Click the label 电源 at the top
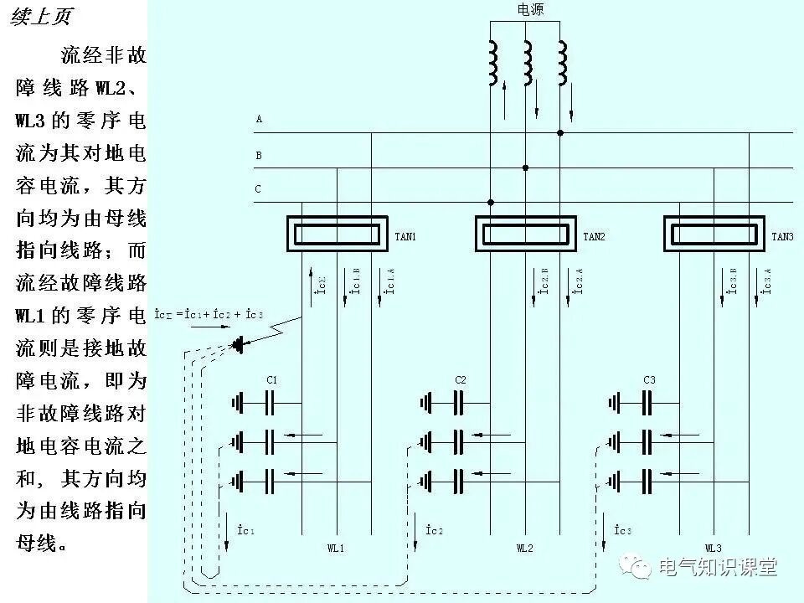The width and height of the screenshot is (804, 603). click(x=529, y=10)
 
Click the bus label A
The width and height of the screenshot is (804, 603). click(x=259, y=120)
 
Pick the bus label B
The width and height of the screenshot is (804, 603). click(x=259, y=155)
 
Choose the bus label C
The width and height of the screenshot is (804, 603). click(x=258, y=189)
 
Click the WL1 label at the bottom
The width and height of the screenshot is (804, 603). click(x=336, y=549)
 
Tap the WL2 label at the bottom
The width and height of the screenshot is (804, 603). click(x=524, y=549)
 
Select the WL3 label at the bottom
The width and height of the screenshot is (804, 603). click(x=713, y=549)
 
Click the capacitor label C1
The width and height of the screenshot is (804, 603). click(x=272, y=380)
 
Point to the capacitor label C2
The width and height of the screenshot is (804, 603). click(x=461, y=380)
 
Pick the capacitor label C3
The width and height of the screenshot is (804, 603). click(x=649, y=380)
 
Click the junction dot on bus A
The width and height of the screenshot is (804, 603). click(x=560, y=132)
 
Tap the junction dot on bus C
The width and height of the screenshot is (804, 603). click(x=491, y=202)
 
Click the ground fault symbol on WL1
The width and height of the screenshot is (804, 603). click(x=240, y=343)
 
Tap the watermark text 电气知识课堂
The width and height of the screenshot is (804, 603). click(x=718, y=568)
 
